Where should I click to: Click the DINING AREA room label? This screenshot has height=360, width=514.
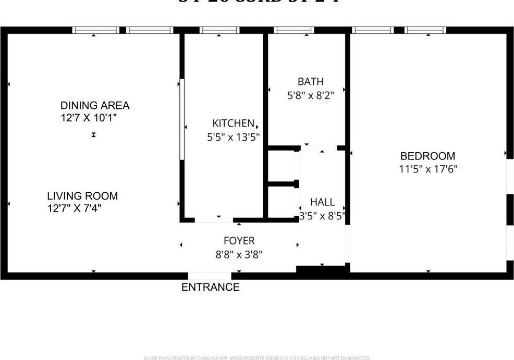click(94, 105)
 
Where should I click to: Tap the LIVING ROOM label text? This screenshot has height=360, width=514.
click(82, 196)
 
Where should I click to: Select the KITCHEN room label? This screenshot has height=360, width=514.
click(233, 123)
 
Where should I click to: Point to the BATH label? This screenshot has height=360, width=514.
click(310, 81)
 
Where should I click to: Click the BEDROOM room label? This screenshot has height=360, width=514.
click(427, 156)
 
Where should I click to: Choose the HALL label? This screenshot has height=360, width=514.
click(322, 202)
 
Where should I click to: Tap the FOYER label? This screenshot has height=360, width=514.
click(239, 241)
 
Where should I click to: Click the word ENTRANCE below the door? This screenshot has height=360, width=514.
click(210, 287)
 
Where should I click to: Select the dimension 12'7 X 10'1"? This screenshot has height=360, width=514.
click(88, 118)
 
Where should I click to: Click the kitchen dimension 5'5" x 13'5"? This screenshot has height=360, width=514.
click(233, 138)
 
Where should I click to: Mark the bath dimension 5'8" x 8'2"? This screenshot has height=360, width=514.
click(310, 95)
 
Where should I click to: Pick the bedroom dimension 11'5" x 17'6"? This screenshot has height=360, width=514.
click(428, 169)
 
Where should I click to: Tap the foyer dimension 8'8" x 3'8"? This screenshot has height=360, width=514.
click(239, 255)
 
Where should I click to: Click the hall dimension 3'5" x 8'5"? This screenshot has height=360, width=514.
click(322, 216)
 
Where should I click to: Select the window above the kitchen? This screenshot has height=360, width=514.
click(219, 30)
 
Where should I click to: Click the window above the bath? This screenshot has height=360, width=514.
click(293, 30)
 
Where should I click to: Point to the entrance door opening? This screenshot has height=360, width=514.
click(209, 276)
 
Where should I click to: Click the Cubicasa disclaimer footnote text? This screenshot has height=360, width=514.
click(256, 358)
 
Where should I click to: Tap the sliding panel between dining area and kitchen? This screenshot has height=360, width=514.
click(181, 119)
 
